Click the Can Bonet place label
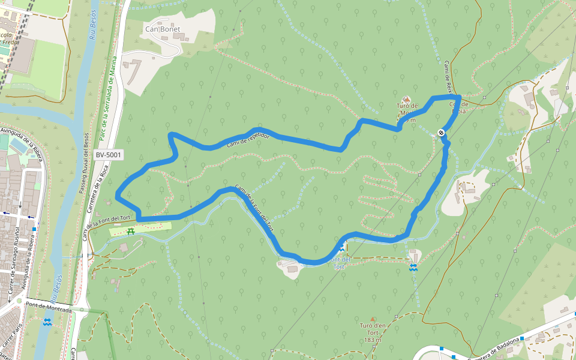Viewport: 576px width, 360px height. click(163, 28)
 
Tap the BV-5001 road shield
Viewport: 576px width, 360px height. click(108, 155)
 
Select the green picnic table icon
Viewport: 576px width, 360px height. click(131, 231)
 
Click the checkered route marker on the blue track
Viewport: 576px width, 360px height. click(441, 133)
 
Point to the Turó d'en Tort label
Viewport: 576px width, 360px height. click(372, 329)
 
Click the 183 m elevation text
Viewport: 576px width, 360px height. click(372, 340)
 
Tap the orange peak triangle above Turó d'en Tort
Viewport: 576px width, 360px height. click(373, 320)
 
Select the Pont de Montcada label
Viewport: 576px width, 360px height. click(49, 306)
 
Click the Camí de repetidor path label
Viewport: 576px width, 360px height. click(248, 140)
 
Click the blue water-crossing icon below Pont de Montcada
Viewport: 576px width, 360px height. click(47, 322)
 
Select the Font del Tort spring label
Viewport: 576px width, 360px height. click(340, 262)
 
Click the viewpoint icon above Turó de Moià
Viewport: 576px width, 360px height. click(407, 99)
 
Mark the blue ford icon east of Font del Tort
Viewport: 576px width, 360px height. click(413, 268)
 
